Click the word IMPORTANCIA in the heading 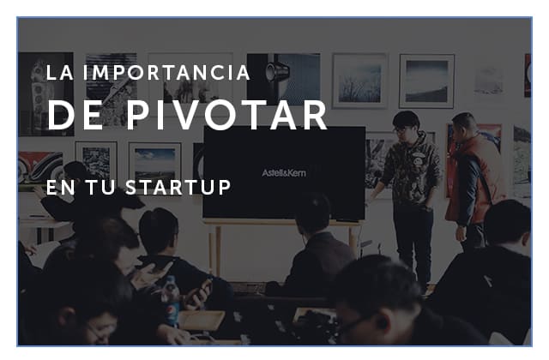pyautogui.click(x=166, y=72)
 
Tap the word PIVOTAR pyautogui.click(x=226, y=116)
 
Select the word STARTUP pyautogui.click(x=178, y=187)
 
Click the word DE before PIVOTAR pyautogui.click(x=75, y=116)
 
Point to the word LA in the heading pyautogui.click(x=60, y=72)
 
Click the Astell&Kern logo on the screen pyautogui.click(x=284, y=173)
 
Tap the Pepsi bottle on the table pyautogui.click(x=171, y=300)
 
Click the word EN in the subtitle pyautogui.click(x=61, y=187)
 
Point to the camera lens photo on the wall pyautogui.click(x=284, y=80)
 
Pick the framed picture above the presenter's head pyautogui.click(x=427, y=81)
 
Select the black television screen pyautogui.click(x=284, y=173)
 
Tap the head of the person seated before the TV pyautogui.click(x=313, y=214)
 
